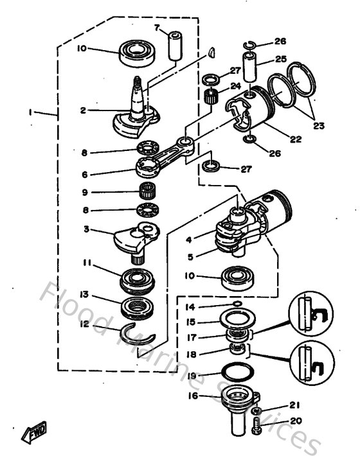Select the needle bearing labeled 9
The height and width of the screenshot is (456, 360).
149,191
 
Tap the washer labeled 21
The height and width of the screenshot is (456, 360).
255,408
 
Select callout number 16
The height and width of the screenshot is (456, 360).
193,396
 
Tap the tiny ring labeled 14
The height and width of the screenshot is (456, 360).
237,302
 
